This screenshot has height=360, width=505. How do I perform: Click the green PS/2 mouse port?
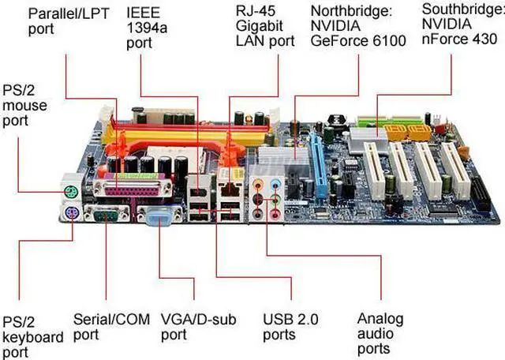coord(69,189)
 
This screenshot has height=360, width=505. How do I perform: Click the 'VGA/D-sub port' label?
coord(196,327)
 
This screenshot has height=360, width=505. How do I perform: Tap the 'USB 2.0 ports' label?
coord(290,327)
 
